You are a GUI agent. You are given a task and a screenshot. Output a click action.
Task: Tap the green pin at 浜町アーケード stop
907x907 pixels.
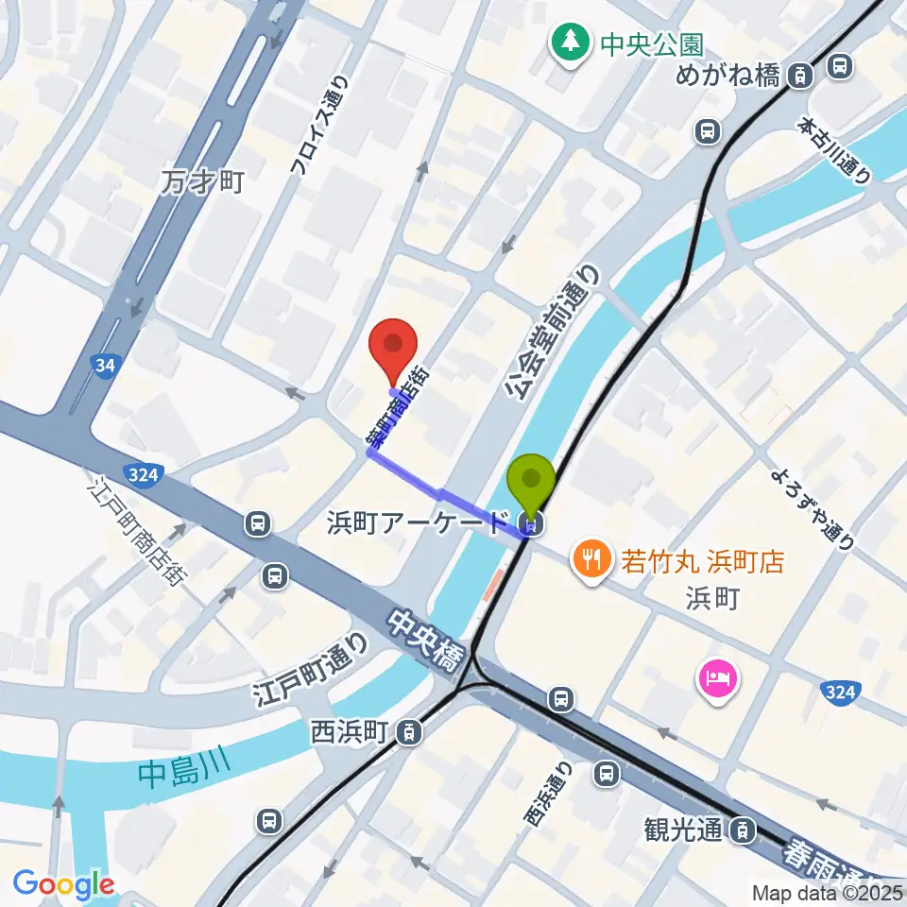click(531, 481)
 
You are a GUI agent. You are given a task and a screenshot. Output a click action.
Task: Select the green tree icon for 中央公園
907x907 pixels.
click(570, 42)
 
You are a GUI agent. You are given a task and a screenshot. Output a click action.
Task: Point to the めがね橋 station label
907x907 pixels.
click(727, 76)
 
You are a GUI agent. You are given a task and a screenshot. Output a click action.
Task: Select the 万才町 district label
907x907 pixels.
click(203, 180)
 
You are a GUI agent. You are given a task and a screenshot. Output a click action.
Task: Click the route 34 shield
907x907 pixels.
click(105, 364)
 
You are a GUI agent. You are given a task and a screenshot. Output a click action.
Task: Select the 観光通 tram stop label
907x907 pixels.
click(684, 830)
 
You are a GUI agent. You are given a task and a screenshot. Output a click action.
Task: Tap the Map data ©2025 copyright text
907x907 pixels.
click(828, 892)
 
